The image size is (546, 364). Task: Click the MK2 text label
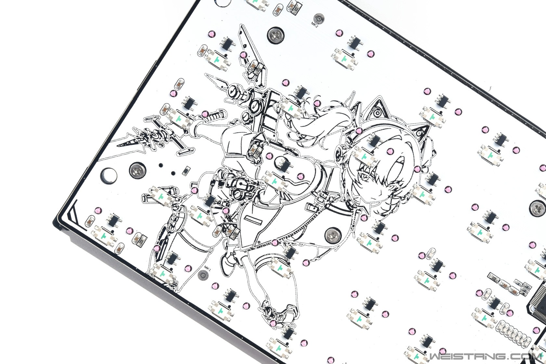click(315, 25)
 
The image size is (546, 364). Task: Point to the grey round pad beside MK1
click(203, 275)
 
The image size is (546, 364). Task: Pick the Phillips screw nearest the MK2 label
click(276, 35)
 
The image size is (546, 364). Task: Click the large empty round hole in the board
click(108, 175)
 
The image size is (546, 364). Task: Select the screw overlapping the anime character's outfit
click(333, 236)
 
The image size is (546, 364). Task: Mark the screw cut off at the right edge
click(539, 207)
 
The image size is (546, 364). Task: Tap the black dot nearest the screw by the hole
click(161, 165)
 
